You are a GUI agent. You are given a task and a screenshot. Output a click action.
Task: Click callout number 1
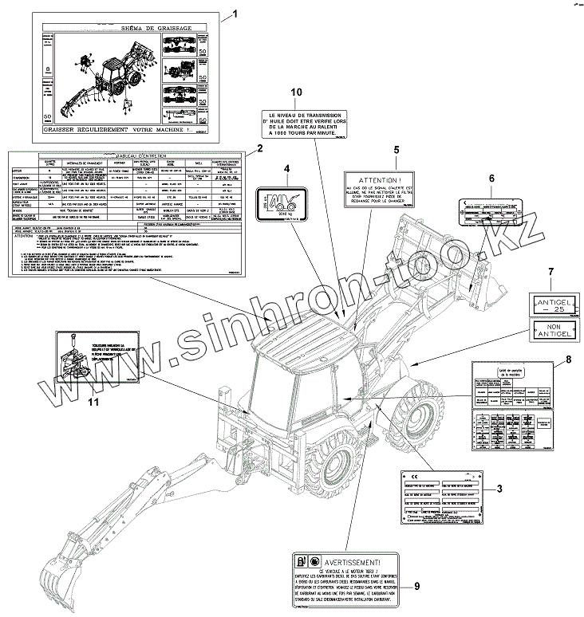click(235, 14)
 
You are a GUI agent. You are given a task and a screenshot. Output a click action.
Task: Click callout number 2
click(259, 149)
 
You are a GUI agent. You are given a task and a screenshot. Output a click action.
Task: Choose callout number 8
click(567, 360)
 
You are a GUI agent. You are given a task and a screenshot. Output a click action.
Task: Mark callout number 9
click(416, 587)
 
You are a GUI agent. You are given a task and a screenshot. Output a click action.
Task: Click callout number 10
click(297, 92)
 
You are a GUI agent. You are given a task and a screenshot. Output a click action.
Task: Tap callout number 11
click(93, 402)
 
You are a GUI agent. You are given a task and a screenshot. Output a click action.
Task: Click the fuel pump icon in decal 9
click(301, 559)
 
